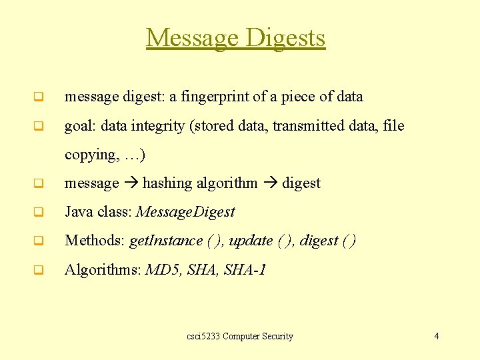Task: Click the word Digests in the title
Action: coord(285,38)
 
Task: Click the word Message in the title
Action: coord(193,38)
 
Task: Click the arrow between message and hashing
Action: coord(131,183)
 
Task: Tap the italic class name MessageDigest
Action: coord(185,212)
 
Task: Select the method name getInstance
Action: coord(166,241)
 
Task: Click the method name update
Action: coord(251,241)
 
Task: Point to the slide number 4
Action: coord(437,336)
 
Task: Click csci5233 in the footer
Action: coord(203,336)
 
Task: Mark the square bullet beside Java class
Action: coord(39,213)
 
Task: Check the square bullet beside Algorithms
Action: coord(39,271)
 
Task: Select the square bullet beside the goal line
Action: coord(39,126)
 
